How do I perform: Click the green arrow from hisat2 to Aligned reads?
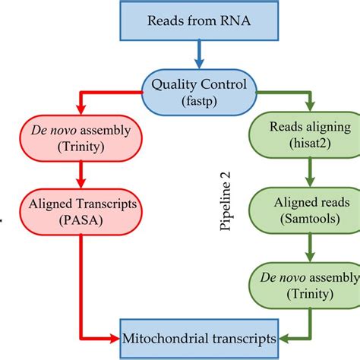point(308,176)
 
